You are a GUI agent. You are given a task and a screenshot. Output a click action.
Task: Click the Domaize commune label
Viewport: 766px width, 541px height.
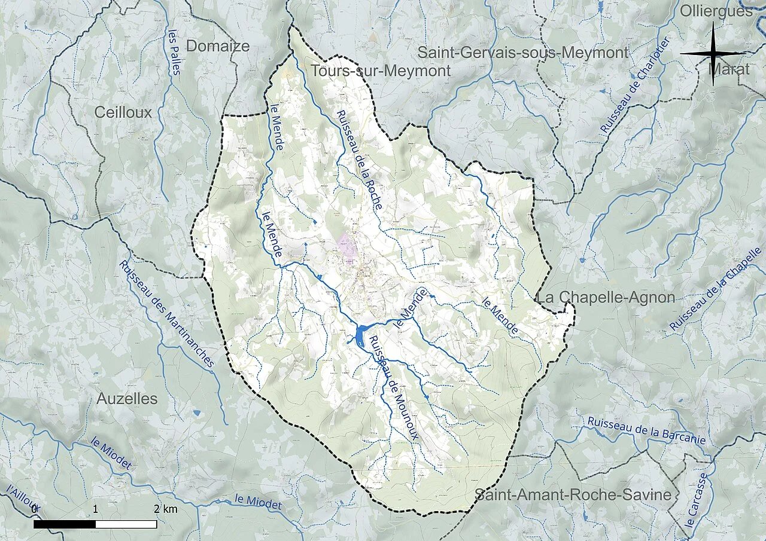217,46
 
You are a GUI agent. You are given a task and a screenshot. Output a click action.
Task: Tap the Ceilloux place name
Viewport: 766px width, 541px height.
123,112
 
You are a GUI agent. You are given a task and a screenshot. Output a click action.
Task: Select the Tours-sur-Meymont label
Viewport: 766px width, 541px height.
381,71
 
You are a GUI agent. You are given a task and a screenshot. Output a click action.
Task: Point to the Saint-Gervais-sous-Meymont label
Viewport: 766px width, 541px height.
522,53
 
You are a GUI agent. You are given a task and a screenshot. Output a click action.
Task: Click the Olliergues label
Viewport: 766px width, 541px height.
716,10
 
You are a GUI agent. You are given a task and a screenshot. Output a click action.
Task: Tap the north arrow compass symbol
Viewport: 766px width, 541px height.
713,54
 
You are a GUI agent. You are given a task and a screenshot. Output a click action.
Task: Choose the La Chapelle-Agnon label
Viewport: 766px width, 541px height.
606,297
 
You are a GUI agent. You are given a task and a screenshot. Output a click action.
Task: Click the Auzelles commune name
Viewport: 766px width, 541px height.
127,399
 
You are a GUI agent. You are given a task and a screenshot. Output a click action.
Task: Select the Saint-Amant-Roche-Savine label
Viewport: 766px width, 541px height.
573,495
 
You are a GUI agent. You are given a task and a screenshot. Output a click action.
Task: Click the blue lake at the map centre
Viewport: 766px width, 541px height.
361,335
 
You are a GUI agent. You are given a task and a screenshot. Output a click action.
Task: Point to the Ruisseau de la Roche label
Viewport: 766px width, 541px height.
359,160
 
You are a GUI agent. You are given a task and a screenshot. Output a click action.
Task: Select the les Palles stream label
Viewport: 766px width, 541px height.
174,53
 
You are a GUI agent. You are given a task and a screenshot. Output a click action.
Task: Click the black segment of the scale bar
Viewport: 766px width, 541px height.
65,524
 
